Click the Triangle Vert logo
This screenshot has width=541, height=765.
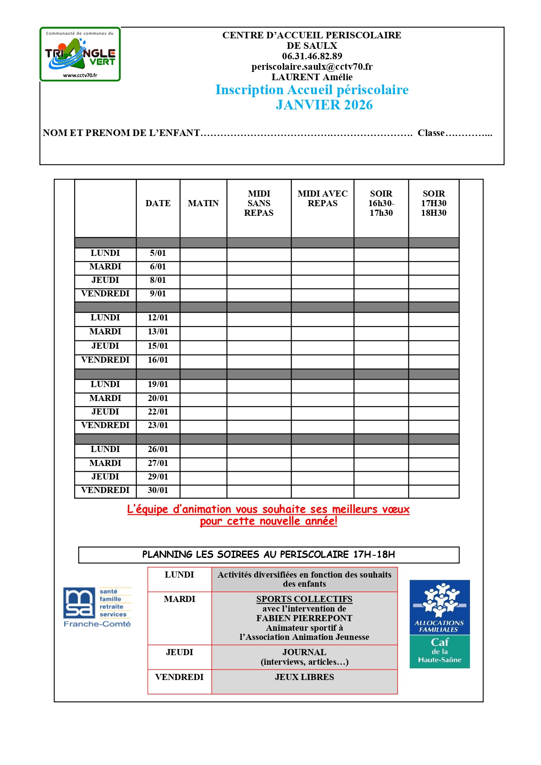pos(80,54)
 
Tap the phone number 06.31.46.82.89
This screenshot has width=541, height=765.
pos(312,56)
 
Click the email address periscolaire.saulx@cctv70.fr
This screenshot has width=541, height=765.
pos(312,67)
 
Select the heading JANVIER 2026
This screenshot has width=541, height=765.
pos(324,105)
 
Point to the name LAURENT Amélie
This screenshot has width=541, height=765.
pos(312,77)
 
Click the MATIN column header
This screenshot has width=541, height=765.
pos(203,203)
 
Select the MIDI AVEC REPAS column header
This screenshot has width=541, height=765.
pos(323,198)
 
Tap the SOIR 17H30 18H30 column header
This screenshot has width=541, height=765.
pos(433,203)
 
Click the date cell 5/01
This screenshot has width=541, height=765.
pos(158,253)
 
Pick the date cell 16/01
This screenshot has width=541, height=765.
pos(158,360)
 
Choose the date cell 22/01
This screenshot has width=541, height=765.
pos(158,412)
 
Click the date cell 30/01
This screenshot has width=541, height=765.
pos(158,490)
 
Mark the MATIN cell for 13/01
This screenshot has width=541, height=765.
pos(203,332)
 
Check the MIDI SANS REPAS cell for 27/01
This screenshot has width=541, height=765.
pos(259,463)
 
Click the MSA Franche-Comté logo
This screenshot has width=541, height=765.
pos(97,607)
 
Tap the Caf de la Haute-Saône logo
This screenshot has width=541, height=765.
pos(439,624)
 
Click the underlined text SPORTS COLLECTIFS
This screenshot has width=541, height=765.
pos(304,599)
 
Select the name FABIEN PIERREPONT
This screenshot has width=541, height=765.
pos(304,618)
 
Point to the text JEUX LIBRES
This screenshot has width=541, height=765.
pos(304,677)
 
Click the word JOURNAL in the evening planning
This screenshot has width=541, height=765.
pos(304,652)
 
